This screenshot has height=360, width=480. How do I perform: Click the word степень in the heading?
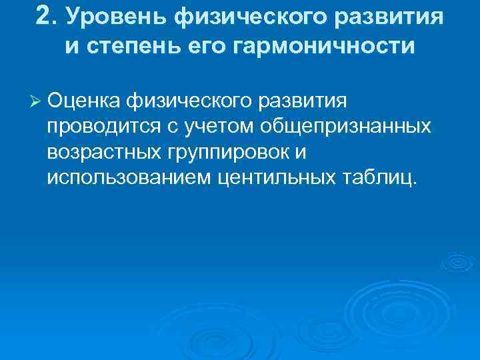tap(151, 48)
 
